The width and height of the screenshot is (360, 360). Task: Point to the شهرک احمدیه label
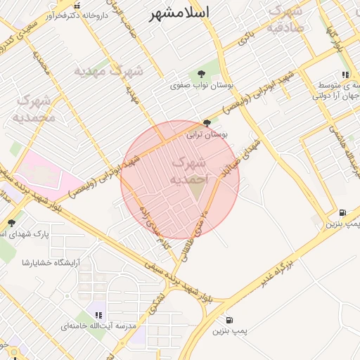[188, 171]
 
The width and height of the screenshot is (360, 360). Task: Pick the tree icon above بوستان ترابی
[205, 122]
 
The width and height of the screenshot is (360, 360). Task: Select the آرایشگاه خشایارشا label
[51, 262]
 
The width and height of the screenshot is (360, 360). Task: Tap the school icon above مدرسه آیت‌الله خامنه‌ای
[98, 315]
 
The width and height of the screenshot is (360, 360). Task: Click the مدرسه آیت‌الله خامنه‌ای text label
[98, 327]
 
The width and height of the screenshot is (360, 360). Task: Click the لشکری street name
[155, 303]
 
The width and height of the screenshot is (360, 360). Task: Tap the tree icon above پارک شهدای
[11, 223]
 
